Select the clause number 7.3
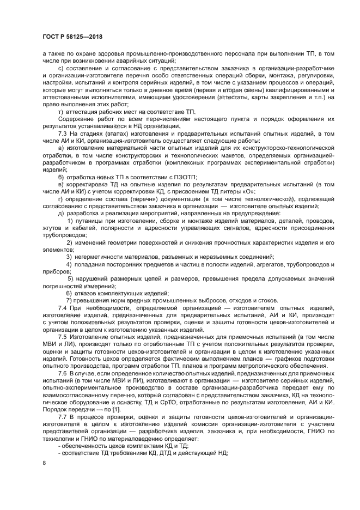click(x=63, y=133)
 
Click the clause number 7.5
click(x=63, y=338)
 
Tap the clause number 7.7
click(x=63, y=416)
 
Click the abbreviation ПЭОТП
click(x=184, y=177)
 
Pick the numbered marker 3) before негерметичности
click(x=70, y=257)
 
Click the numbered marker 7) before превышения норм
click(x=70, y=300)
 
